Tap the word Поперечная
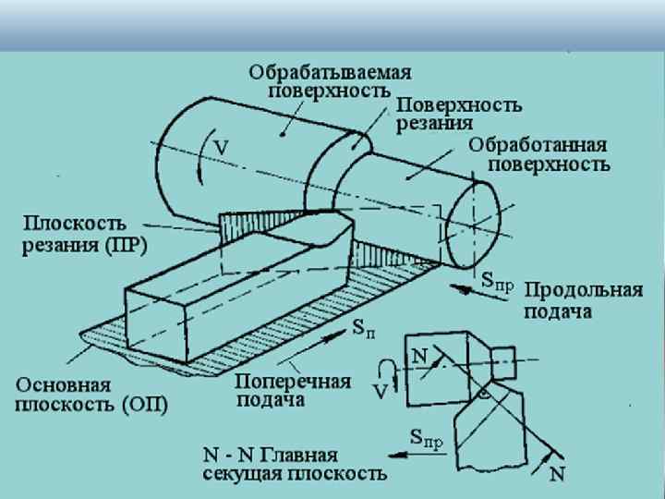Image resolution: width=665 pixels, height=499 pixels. tap(293, 382)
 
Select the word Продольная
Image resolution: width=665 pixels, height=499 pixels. tap(584, 291)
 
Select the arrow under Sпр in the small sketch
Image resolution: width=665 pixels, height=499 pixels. tap(414, 454)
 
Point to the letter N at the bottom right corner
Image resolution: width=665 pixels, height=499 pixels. tap(557, 474)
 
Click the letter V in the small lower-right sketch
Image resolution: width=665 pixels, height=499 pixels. tap(380, 392)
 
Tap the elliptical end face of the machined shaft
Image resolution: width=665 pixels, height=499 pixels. tap(471, 223)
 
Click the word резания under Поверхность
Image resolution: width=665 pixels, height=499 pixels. tap(435, 122)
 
